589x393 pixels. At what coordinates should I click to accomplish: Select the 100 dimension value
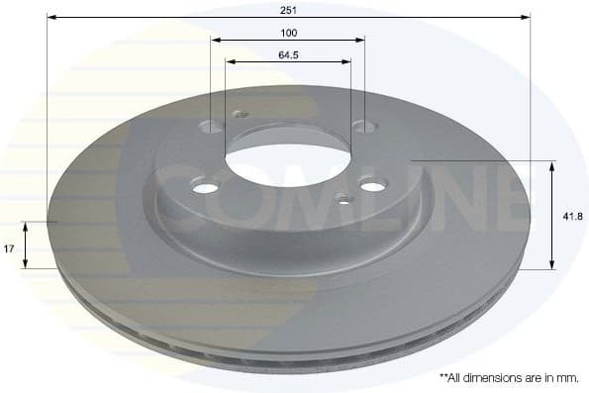tap(288, 33)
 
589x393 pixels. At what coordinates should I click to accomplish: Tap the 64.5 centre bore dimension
tap(289, 53)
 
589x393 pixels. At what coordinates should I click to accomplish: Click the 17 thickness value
tap(9, 249)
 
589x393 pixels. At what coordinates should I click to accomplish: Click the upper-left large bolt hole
tap(212, 127)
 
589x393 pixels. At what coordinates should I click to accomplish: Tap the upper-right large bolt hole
tap(364, 126)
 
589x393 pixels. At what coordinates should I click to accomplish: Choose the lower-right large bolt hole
tap(371, 185)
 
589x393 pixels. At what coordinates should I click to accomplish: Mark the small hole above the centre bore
tap(239, 114)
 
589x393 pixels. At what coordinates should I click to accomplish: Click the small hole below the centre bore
tap(343, 199)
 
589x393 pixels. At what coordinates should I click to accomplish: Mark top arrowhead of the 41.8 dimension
tap(551, 164)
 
